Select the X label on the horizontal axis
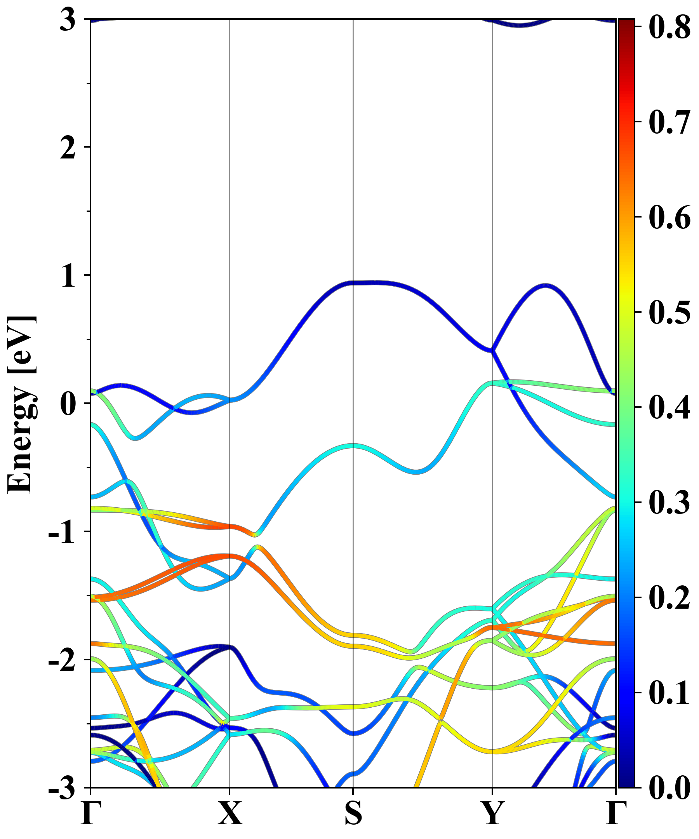pyautogui.click(x=230, y=813)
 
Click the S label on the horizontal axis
pyautogui.click(x=353, y=813)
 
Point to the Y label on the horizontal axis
pyautogui.click(x=492, y=813)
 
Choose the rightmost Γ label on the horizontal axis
pyautogui.click(x=615, y=813)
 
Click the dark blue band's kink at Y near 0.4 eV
pyautogui.click(x=492, y=351)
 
